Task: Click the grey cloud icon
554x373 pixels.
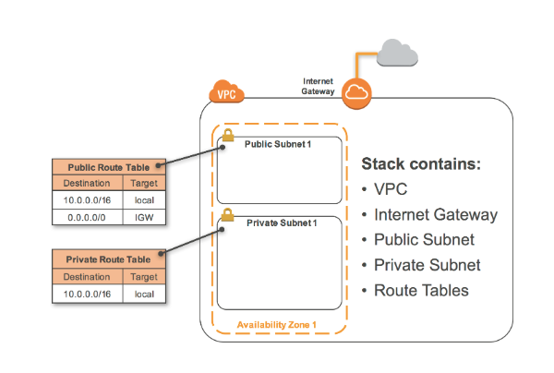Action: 396,55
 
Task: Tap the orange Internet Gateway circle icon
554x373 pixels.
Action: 355,92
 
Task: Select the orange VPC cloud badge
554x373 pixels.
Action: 224,92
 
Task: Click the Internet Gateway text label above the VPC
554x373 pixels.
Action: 319,86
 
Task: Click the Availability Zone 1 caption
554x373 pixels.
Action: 277,325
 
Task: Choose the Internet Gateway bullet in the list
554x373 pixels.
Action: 436,215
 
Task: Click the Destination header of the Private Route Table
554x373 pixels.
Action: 86,276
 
